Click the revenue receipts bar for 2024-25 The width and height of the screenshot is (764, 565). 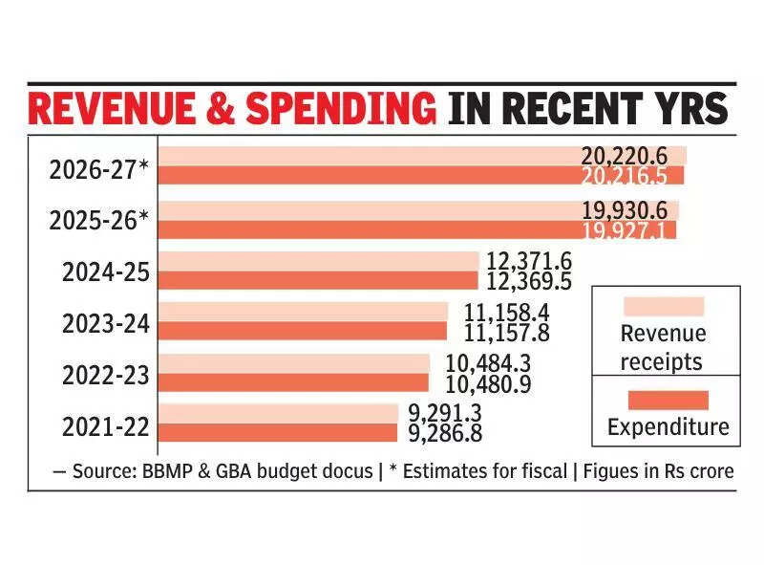pos(318,261)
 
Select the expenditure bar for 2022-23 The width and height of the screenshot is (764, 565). pos(294,382)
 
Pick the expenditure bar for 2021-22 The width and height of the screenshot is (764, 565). pos(278,433)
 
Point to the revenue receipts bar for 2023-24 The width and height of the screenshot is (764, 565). pos(303,312)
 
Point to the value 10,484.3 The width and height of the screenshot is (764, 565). pos(488,363)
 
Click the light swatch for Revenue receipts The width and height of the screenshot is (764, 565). pos(663,306)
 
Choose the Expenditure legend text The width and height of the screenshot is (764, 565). pos(668,427)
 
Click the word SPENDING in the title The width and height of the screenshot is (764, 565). pos(342,110)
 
